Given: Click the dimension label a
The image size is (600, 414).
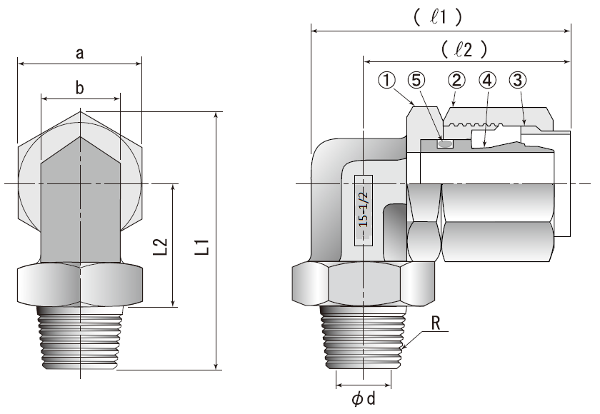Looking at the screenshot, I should [79, 53].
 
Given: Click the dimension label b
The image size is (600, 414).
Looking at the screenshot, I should [79, 88].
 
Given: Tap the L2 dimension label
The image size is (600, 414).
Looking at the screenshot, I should [161, 246].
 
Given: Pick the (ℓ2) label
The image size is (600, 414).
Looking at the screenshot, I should [464, 49].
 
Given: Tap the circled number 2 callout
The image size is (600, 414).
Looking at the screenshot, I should [456, 79].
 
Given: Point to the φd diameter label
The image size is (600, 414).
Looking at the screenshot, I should [364, 398].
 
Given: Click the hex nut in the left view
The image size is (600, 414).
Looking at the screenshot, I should [80, 285].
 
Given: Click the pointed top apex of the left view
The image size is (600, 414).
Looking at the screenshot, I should [80, 112].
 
